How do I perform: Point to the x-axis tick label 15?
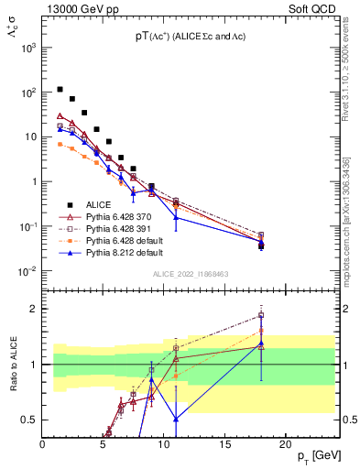224,443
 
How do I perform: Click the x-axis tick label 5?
103,443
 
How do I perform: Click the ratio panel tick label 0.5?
27,420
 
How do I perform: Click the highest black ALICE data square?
60,90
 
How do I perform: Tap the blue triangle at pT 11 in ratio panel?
176,418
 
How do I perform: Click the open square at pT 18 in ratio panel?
261,316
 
